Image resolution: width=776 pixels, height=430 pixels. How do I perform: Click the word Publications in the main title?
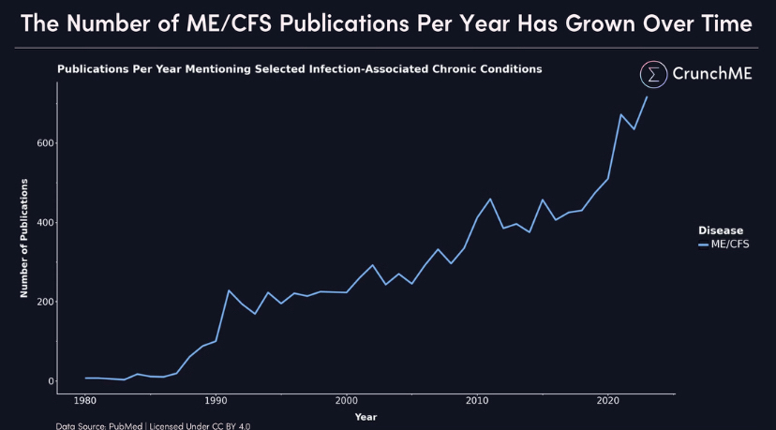point(374,22)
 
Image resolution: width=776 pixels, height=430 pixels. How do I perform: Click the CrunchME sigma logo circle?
point(653,75)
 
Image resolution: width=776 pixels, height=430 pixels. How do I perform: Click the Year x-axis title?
point(366,417)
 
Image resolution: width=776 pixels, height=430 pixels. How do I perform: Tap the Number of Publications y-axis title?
point(24,238)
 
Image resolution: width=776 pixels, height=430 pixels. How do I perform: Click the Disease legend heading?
point(720,230)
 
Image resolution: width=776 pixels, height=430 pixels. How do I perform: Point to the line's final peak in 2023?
point(647,97)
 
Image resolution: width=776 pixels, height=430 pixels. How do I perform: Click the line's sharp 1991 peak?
point(229,290)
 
